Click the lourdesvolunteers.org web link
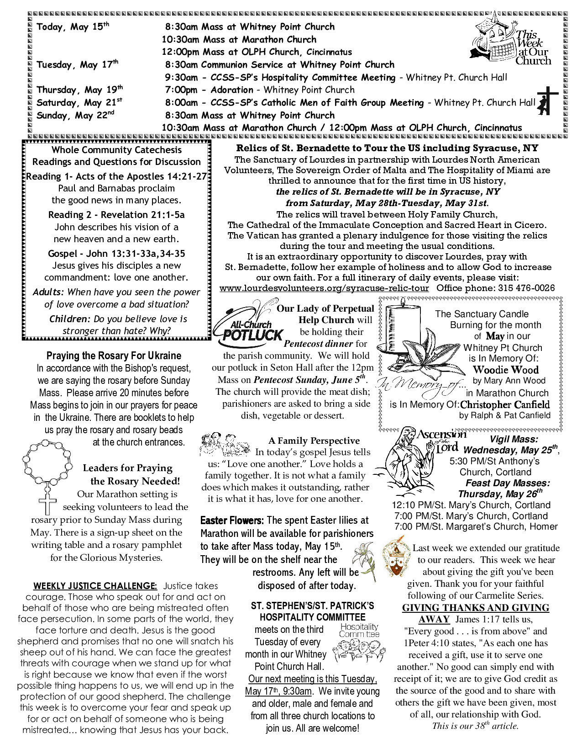(324, 288)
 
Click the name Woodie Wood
(505, 370)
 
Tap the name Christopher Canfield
(505, 404)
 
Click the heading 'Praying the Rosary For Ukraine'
(114, 356)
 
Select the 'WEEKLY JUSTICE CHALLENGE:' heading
(95, 586)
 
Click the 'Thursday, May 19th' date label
(79, 90)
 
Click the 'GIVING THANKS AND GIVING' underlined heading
(475, 608)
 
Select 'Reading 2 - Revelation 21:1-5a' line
(116, 215)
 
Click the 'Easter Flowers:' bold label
(232, 520)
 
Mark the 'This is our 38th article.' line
(475, 726)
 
